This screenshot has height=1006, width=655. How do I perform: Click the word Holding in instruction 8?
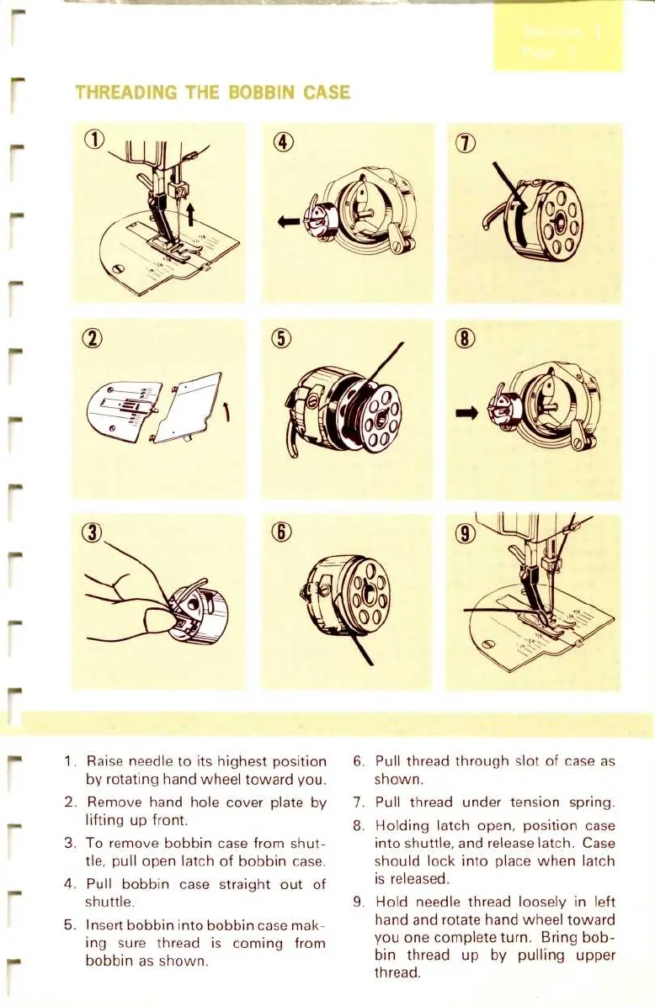point(402,826)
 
